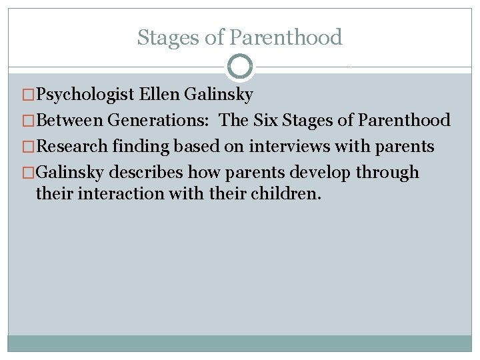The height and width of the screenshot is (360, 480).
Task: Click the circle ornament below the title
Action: (240, 67)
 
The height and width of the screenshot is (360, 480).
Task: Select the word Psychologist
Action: (86, 95)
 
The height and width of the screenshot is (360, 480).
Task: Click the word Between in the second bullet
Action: (70, 121)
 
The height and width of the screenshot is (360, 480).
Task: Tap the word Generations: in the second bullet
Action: (161, 121)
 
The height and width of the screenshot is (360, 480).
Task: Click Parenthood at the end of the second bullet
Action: (404, 121)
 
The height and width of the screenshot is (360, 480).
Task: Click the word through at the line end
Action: (387, 172)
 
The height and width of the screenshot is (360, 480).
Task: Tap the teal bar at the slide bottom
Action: (240, 343)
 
